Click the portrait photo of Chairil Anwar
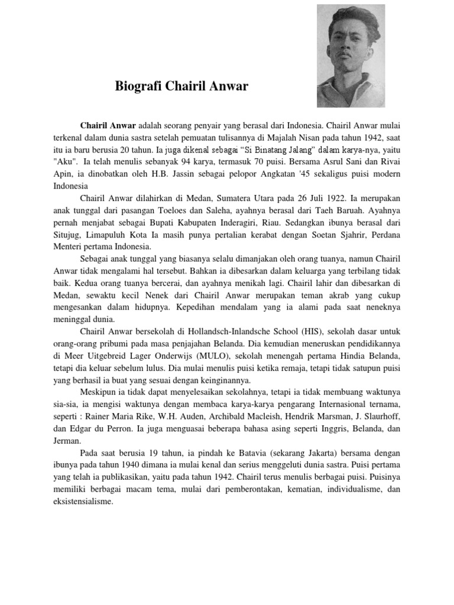pyautogui.click(x=351, y=56)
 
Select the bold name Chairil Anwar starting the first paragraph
pyautogui.click(x=108, y=125)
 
